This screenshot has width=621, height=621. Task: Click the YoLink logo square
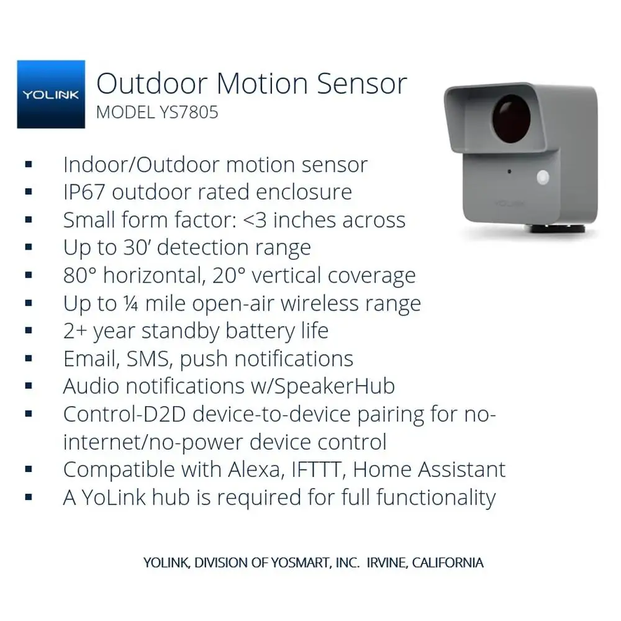point(51,94)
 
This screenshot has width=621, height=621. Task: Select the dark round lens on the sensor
point(511,119)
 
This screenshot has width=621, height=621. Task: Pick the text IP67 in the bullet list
point(84,193)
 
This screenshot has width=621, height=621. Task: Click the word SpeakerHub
point(334,386)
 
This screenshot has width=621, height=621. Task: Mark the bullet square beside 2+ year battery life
point(29,331)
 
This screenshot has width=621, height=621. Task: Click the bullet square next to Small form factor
point(29,220)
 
